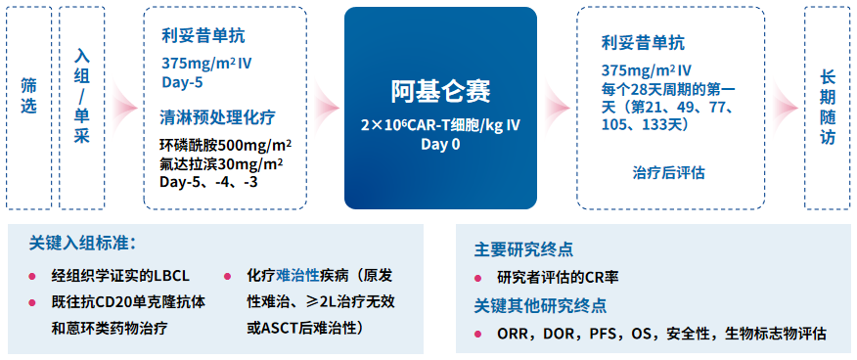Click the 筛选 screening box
coord(29,108)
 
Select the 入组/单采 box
coord(82,108)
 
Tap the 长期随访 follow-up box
coord(827,108)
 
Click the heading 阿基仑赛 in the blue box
coord(440,91)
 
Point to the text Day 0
coord(440,145)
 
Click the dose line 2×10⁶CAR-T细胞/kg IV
coord(440,125)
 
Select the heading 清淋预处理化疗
coord(217,117)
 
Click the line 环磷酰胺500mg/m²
coord(225,146)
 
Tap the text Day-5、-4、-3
coord(208,182)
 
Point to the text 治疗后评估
coord(668,174)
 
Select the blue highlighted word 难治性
coord(297,275)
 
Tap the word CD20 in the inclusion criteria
coord(114,302)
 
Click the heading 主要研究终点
coord(523,250)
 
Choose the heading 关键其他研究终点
coord(540,305)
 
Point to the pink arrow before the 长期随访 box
coord(785,106)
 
